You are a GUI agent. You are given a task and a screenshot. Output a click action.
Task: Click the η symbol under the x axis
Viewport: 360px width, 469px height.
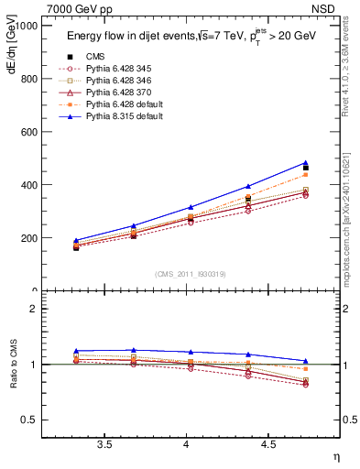tap(334, 455)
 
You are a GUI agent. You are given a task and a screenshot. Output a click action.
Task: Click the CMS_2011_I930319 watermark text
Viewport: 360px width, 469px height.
tap(187, 274)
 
